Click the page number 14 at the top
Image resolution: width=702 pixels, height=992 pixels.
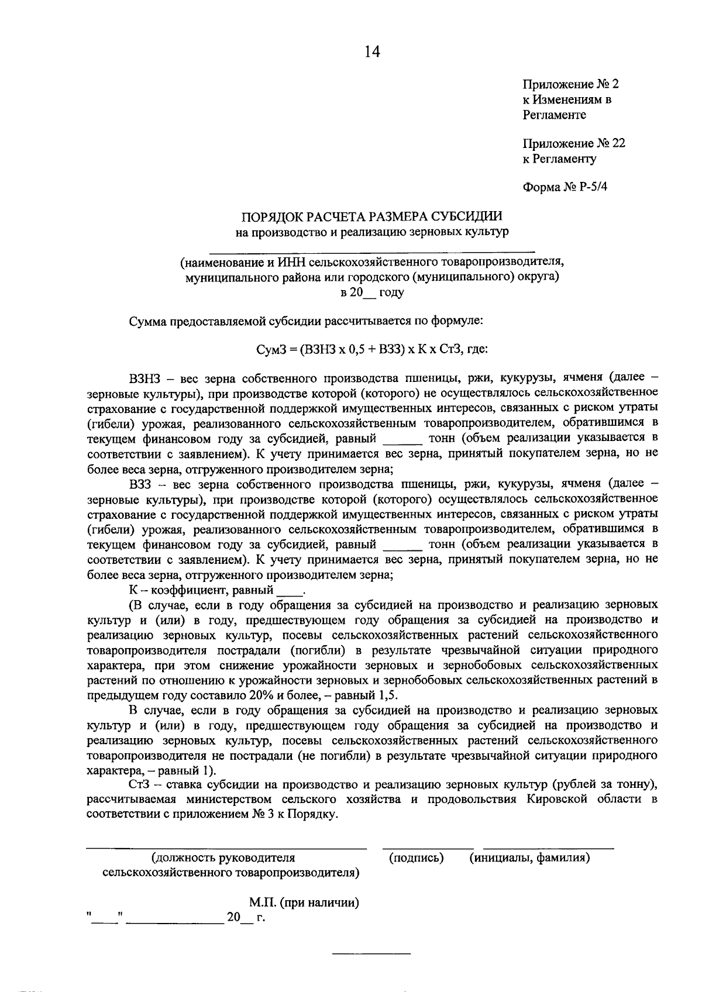pos(372,52)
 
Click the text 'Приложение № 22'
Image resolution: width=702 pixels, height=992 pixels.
pos(574,143)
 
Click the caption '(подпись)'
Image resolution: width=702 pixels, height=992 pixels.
pos(416,858)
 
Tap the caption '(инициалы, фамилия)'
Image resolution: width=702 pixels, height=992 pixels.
pos(529,858)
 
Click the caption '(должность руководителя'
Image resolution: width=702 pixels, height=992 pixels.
pos(223,858)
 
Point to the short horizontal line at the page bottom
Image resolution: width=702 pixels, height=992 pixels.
pos(371,955)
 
